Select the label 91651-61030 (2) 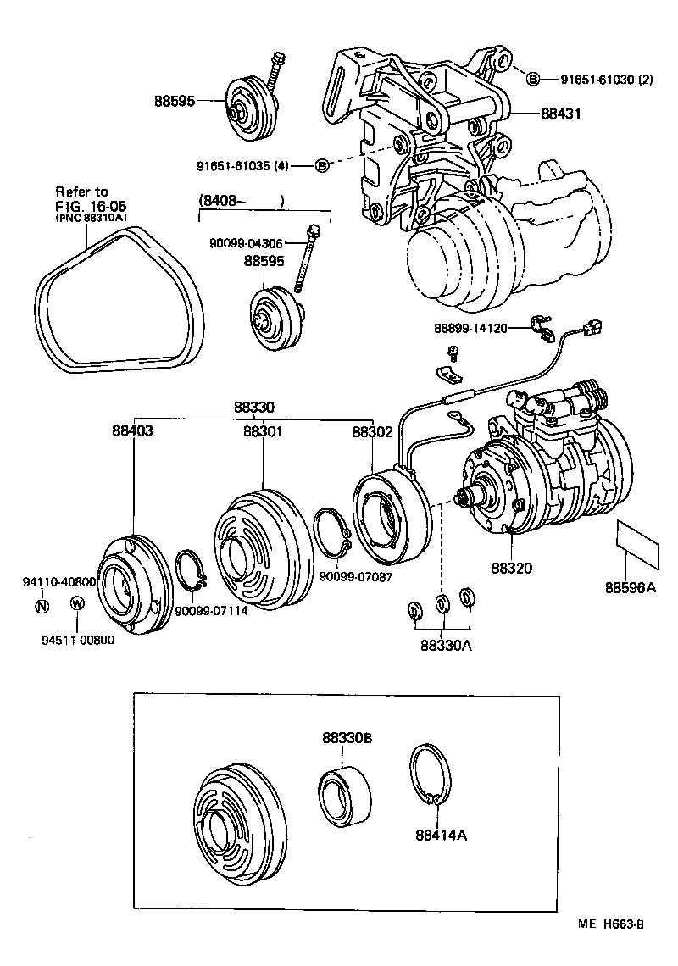[606, 80]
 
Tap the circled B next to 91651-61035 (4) [321, 165]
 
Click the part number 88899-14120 [470, 327]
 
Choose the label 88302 [373, 430]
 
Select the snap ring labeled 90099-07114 [194, 571]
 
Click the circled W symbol [76, 603]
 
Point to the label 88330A [445, 645]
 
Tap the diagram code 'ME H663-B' [613, 924]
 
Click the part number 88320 [511, 567]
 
